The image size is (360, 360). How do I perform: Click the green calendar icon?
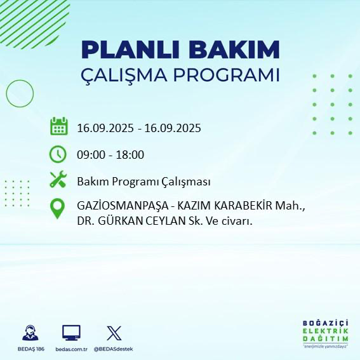(58, 126)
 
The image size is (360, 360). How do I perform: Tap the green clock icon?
(58, 154)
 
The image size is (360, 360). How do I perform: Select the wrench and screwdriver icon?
(58, 180)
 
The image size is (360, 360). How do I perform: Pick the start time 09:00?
(90, 154)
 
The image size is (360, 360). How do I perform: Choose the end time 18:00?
(130, 154)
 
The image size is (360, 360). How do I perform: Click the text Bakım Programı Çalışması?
(143, 182)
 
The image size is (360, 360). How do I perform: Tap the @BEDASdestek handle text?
(114, 349)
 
